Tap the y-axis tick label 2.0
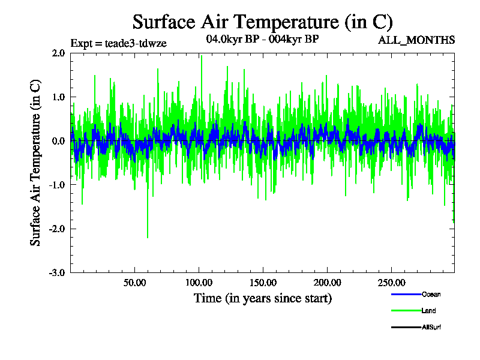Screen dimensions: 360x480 click(x=58, y=53)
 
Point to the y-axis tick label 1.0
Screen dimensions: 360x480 click(x=58, y=97)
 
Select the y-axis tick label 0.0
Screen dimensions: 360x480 click(x=58, y=141)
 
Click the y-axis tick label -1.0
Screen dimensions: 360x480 click(x=57, y=185)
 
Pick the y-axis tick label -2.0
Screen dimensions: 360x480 click(x=57, y=229)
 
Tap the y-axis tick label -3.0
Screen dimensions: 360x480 click(x=57, y=272)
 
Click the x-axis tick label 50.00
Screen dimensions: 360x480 click(x=134, y=283)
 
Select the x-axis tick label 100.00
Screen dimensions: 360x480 click(x=199, y=283)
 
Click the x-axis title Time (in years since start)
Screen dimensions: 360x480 click(x=262, y=298)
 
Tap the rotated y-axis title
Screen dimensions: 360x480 click(x=36, y=163)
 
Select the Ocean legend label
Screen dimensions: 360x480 click(x=431, y=294)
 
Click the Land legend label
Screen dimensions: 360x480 click(x=428, y=311)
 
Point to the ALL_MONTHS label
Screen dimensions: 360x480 click(x=416, y=40)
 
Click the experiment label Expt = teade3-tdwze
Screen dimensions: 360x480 click(x=118, y=43)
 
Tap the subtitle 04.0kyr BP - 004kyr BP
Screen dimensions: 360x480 click(x=262, y=40)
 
